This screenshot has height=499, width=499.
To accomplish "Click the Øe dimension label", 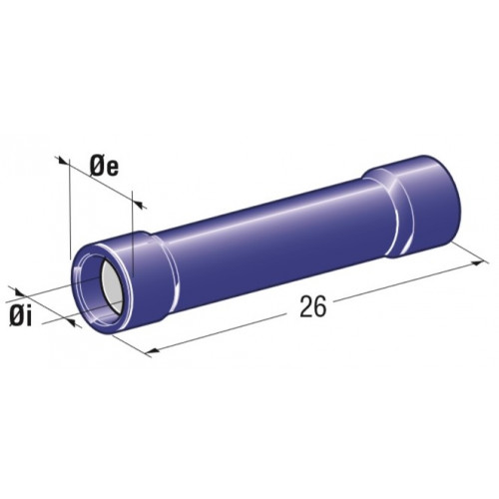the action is click(104, 168).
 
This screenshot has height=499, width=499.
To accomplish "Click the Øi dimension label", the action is click(21, 318).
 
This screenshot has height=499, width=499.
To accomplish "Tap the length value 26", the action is click(313, 307).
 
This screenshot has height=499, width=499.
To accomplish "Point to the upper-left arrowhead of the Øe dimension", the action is click(62, 161).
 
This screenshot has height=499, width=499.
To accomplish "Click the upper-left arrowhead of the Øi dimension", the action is click(19, 292).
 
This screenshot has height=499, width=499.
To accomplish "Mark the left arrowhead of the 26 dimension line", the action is click(152, 350).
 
